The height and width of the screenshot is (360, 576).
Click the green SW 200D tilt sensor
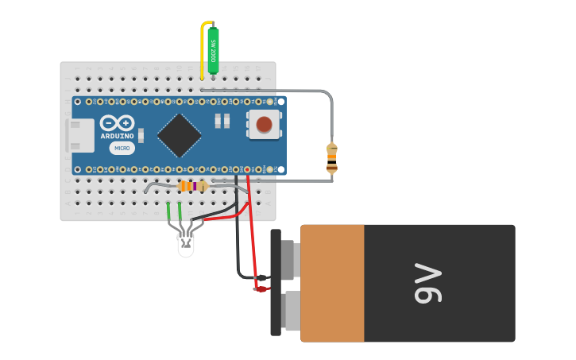(213, 50)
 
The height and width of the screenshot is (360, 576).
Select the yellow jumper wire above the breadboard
(202, 48)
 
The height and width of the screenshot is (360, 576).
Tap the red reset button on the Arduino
(265, 123)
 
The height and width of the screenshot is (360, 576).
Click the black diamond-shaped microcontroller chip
(179, 135)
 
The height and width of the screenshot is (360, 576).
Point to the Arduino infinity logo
(117, 124)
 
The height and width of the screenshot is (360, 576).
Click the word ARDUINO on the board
(117, 137)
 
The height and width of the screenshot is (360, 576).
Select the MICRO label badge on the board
(122, 148)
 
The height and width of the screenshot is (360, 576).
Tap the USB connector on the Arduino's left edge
(79, 136)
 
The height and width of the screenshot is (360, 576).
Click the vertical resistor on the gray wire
(331, 157)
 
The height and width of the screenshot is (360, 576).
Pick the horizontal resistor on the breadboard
(191, 186)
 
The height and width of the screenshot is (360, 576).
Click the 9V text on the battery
(427, 284)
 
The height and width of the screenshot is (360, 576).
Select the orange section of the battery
(332, 283)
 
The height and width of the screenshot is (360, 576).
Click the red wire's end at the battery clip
(260, 288)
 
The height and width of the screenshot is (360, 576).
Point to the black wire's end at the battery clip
(262, 277)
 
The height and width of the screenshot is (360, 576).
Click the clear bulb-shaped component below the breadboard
(185, 242)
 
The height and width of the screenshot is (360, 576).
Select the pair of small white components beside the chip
(222, 121)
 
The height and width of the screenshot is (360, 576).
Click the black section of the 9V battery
(439, 283)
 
